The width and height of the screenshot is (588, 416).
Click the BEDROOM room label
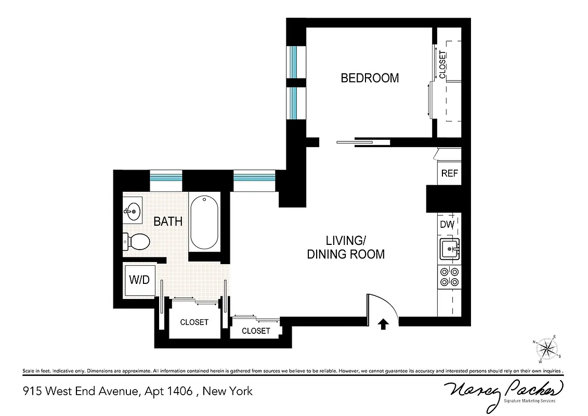pos(370,78)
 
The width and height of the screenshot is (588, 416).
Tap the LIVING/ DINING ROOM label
pos(346,248)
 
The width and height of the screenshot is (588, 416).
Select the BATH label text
pos(168,222)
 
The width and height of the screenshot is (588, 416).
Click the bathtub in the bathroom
pos(204,223)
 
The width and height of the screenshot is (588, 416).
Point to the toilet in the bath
pos(137,241)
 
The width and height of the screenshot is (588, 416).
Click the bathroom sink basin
pos(133,212)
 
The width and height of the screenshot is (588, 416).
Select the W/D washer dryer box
pos(139,280)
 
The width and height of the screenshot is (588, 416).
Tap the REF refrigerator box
pos(449,173)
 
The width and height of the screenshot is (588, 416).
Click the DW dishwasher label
pos(448,225)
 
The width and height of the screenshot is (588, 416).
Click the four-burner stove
pos(449,277)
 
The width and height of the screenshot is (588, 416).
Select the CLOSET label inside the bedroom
pos(442,64)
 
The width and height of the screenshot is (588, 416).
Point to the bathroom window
pos(166,178)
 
